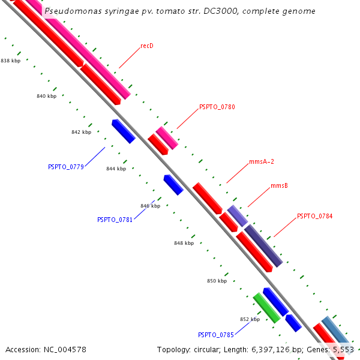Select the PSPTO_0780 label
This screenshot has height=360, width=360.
[217, 107]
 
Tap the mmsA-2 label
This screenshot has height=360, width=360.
[262, 162]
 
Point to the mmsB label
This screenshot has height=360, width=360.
[279, 186]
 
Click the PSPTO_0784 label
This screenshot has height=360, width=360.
[314, 216]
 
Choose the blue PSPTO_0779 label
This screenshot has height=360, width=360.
[66, 167]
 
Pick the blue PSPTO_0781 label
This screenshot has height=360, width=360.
[115, 220]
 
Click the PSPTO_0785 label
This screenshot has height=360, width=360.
[216, 334]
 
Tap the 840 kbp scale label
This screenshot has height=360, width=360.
[46, 96]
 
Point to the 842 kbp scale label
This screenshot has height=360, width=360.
[81, 132]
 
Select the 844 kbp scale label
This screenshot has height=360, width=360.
[116, 169]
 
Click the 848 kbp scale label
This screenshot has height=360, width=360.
[184, 243]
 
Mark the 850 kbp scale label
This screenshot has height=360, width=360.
[217, 281]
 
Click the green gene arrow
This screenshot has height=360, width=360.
[266, 308]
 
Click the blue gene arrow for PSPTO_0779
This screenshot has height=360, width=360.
[123, 131]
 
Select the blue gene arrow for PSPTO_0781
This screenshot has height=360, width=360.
[173, 185]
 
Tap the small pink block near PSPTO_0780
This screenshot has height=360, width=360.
[167, 138]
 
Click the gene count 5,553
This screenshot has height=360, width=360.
[343, 349]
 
